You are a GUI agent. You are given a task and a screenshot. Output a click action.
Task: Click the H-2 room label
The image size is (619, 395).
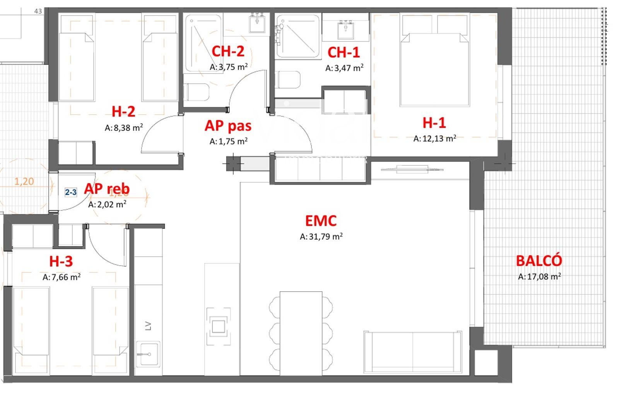(x=123, y=112)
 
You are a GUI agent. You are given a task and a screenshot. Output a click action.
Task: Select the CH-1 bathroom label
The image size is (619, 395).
(x=343, y=52)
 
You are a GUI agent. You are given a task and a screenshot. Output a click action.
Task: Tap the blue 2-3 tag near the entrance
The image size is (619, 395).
(x=71, y=192)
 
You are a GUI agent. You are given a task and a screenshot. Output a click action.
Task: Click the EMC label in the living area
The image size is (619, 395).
(x=321, y=221)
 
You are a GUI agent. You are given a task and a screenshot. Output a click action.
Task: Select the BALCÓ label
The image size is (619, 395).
(x=539, y=261)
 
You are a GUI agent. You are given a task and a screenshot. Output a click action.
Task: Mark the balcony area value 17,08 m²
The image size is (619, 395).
(x=539, y=276)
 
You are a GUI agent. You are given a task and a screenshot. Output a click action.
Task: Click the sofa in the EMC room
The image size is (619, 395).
(x=413, y=352)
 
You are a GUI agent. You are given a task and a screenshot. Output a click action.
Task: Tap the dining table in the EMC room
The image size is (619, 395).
(x=301, y=333)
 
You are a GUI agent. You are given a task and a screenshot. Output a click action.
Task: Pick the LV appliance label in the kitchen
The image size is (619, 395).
(x=148, y=326)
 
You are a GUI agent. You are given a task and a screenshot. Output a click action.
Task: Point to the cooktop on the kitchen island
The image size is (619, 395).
(x=219, y=326)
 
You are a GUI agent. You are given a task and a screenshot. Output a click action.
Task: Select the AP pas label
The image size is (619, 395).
(x=228, y=125)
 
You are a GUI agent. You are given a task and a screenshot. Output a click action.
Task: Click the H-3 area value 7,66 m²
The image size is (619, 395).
(x=62, y=277)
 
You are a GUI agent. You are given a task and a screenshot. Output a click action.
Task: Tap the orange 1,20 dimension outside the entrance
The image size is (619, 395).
(x=24, y=181)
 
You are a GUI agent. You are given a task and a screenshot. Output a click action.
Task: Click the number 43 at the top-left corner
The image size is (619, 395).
(x=38, y=11)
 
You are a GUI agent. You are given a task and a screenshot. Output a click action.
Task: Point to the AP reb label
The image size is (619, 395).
(x=107, y=189)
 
